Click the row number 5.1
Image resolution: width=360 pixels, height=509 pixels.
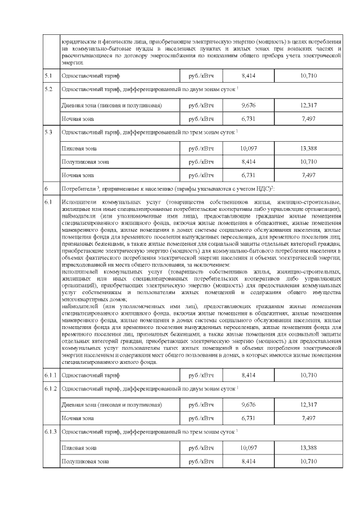coord(49,75)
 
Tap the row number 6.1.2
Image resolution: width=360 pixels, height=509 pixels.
coord(51,389)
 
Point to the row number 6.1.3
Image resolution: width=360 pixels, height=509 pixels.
coord(51,432)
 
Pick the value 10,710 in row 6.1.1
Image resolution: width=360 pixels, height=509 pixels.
coord(309,375)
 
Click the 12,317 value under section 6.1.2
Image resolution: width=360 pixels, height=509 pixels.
coord(309,404)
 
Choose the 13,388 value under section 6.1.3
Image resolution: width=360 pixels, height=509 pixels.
coord(309,448)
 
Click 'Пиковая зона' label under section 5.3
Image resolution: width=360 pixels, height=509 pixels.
coord(79,148)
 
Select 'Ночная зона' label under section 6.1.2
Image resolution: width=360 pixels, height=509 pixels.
coord(78,418)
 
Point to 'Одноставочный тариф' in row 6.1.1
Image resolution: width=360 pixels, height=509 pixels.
coord(91,375)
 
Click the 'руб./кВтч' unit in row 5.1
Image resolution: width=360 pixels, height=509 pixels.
coord(201,75)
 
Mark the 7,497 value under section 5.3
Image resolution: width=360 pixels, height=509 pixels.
coord(309,175)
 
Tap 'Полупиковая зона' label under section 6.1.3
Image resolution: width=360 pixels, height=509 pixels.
coord(85,461)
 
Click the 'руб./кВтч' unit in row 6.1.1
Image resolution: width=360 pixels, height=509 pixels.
coord(201,375)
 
